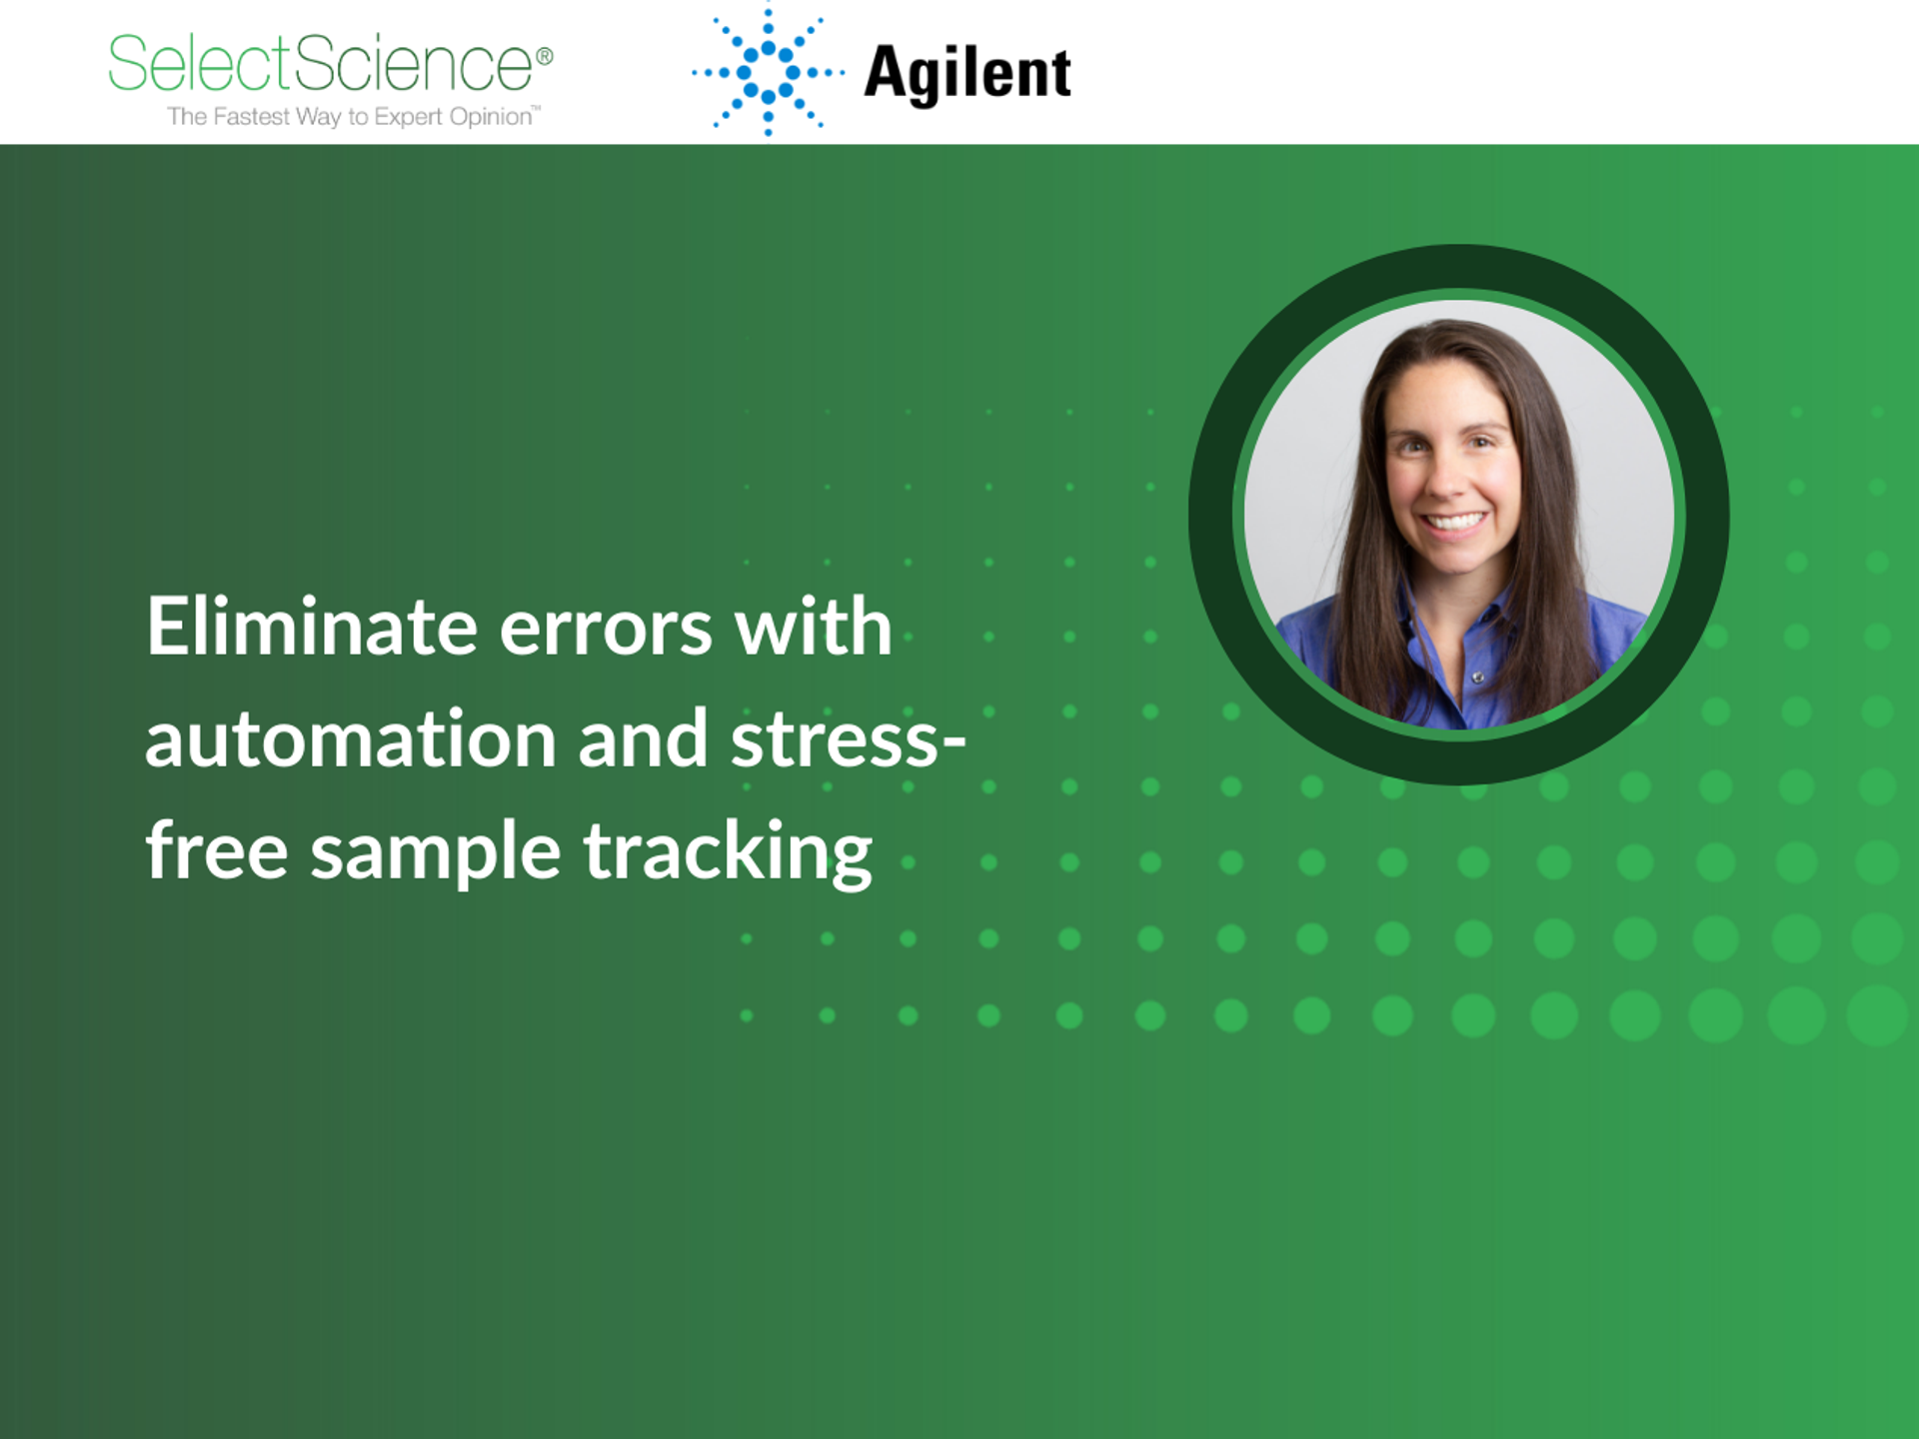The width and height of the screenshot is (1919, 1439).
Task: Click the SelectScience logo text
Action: pyautogui.click(x=320, y=64)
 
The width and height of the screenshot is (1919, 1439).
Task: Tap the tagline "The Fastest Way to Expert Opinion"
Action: pyautogui.click(x=352, y=117)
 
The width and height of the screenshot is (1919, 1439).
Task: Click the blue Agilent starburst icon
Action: pyautogui.click(x=768, y=71)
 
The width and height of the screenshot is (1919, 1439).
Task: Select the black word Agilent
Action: pyautogui.click(x=966, y=74)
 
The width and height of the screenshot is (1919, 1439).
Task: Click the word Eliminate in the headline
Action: pyautogui.click(x=311, y=627)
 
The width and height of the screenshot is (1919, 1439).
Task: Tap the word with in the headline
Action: pyautogui.click(x=813, y=627)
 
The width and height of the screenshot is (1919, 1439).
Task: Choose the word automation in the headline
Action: pyautogui.click(x=350, y=739)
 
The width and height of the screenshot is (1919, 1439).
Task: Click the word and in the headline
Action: pyautogui.click(x=643, y=739)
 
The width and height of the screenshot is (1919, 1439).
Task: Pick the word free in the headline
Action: pyautogui.click(x=217, y=851)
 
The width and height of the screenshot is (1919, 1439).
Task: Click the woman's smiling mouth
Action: pyautogui.click(x=1454, y=522)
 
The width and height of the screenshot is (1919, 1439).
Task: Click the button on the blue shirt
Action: pyautogui.click(x=1477, y=679)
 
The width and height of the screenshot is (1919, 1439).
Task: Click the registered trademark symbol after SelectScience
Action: pyautogui.click(x=545, y=56)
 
